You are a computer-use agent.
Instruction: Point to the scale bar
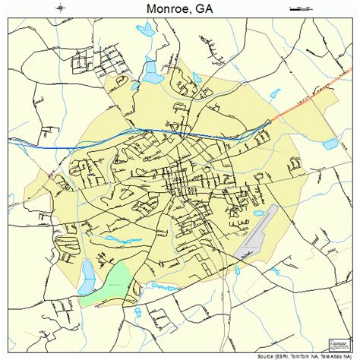click(301, 8)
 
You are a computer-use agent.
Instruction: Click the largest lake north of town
click(153, 73)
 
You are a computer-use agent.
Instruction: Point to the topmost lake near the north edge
click(144, 30)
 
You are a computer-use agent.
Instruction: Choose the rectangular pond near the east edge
click(330, 144)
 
